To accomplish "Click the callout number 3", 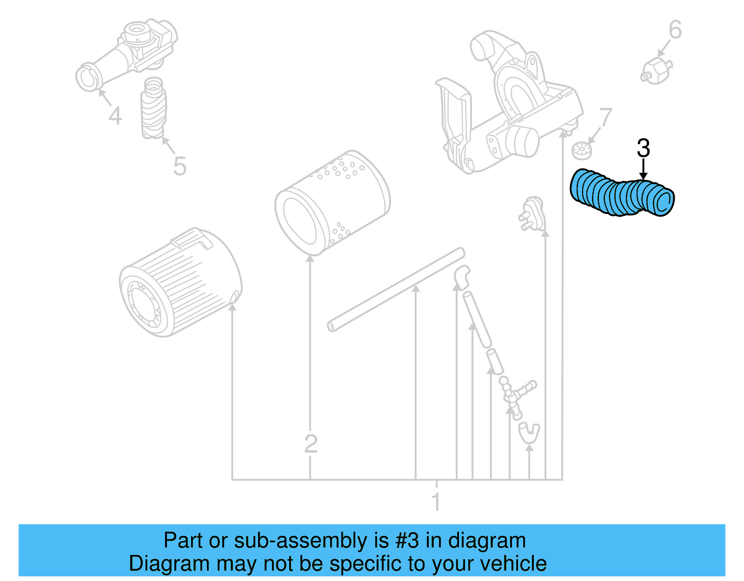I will click(643, 149).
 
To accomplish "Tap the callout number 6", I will click(675, 30).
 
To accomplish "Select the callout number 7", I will click(605, 118).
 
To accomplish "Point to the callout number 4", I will click(115, 115).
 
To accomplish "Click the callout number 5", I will click(179, 166).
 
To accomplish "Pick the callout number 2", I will click(311, 443).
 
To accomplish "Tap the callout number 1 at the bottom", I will click(436, 502).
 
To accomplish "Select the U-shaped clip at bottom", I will click(529, 433).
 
